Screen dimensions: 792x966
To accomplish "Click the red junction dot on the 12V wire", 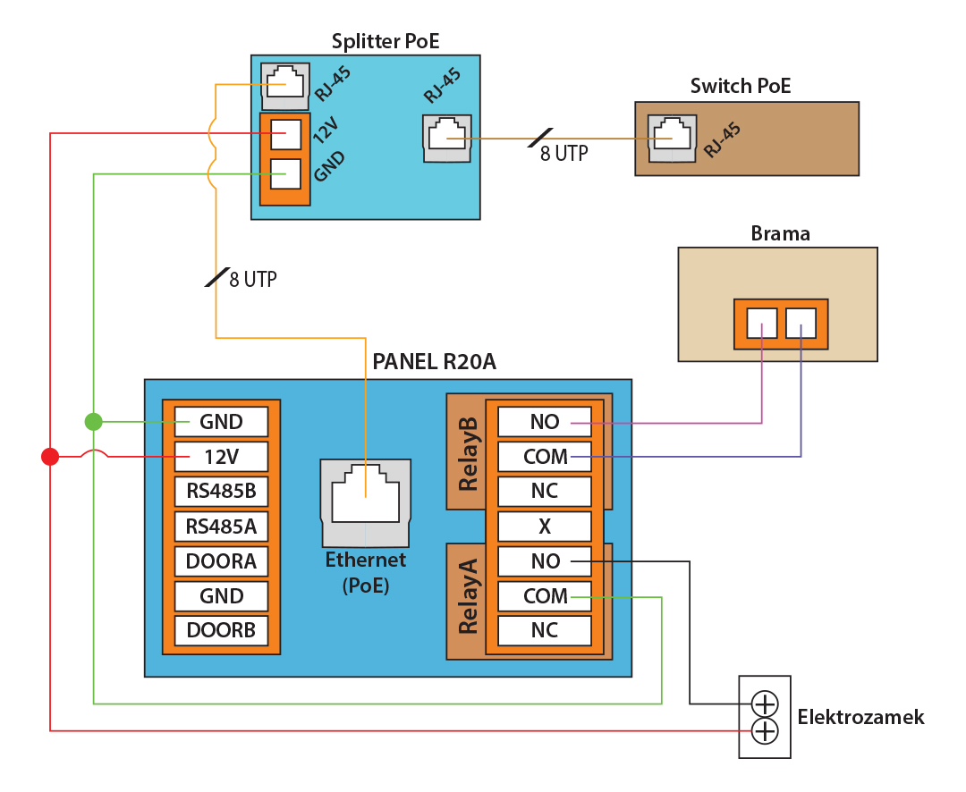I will (x=50, y=457).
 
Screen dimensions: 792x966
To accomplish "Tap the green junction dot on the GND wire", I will (x=94, y=421).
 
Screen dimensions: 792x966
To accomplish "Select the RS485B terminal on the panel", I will (x=221, y=491).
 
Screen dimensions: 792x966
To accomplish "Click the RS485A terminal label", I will (x=221, y=527).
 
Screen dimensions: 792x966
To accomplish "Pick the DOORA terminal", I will (x=221, y=561).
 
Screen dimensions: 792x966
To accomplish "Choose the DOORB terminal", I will (x=221, y=630).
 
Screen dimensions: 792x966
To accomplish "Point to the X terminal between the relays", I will (x=545, y=527).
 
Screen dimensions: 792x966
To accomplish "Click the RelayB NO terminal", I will (x=545, y=421).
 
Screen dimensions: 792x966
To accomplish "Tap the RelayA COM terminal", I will (x=545, y=596).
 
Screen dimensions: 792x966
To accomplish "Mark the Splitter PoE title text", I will (x=386, y=41).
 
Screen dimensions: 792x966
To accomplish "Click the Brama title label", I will (x=780, y=234).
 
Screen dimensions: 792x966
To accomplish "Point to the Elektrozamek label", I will (x=860, y=718).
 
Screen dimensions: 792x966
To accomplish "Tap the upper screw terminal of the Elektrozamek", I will (x=765, y=702).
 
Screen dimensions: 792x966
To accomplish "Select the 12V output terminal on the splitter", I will (x=285, y=135).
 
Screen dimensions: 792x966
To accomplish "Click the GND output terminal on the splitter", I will (x=285, y=174).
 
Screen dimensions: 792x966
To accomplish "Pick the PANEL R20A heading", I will (x=434, y=362).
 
